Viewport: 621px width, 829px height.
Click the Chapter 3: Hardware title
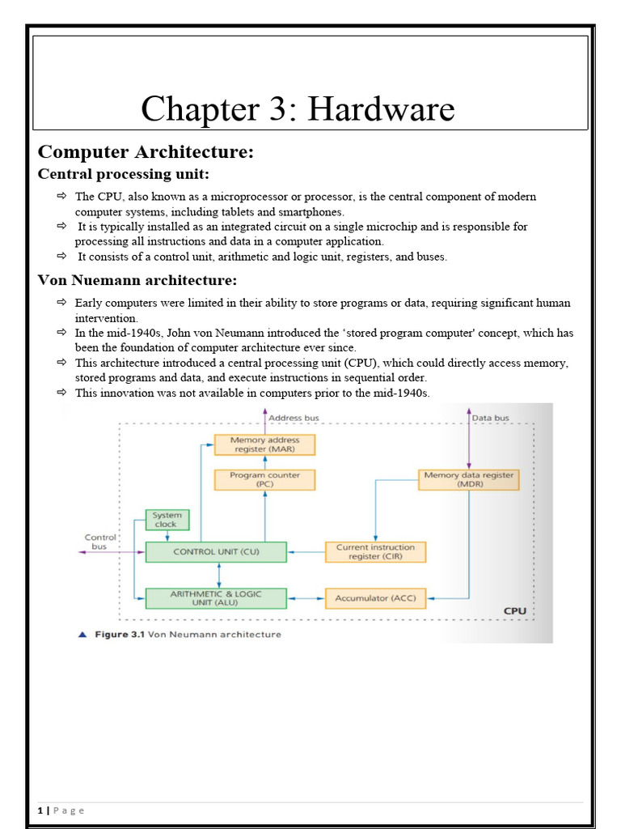(x=298, y=108)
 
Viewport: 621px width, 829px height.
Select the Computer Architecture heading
(x=146, y=152)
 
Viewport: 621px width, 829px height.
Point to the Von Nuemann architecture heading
(x=138, y=281)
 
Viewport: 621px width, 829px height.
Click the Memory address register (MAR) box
(x=264, y=445)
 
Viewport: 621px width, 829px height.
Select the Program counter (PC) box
(x=264, y=479)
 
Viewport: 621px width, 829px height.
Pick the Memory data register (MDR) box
(x=469, y=479)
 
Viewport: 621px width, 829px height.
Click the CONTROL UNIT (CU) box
(x=215, y=552)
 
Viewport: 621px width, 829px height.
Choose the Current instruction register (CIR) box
(x=374, y=552)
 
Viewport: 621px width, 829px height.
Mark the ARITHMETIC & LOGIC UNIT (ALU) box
(x=215, y=598)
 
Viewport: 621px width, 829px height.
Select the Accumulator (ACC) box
(x=374, y=599)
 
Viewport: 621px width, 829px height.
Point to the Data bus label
(x=492, y=418)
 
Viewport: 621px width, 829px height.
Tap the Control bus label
(x=101, y=542)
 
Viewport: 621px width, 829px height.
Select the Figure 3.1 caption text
(x=188, y=635)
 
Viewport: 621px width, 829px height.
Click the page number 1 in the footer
(x=40, y=810)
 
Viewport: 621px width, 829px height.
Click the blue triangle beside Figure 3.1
(x=82, y=635)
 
